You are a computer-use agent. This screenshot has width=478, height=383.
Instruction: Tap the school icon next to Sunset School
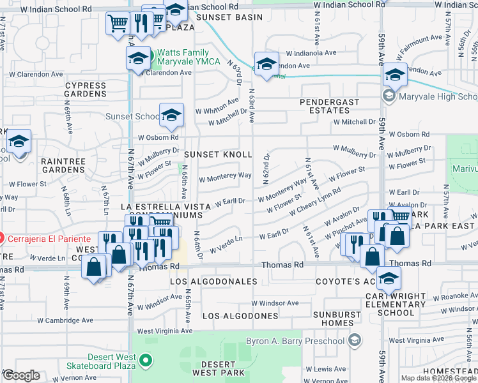[x=171, y=115]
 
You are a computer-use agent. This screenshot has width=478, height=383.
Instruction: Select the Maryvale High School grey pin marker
[x=389, y=97]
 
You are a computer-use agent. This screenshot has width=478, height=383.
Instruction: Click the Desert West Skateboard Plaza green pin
[x=146, y=361]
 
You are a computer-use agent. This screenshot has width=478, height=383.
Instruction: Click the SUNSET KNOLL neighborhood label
[x=218, y=154]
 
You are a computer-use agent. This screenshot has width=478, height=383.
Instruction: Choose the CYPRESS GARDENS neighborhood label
[x=86, y=89]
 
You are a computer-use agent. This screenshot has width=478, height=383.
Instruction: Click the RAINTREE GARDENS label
[x=63, y=166]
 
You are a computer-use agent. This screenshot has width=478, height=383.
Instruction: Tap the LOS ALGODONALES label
[x=213, y=282]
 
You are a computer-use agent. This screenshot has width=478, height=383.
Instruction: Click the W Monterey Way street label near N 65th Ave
[x=225, y=176]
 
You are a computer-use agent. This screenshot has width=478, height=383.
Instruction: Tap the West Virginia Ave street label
[x=164, y=331]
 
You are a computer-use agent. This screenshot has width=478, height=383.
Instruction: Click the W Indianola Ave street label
[x=311, y=53]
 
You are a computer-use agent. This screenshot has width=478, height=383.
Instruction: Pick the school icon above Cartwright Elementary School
[x=389, y=278]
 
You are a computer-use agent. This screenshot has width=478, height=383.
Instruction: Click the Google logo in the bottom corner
[x=22, y=375]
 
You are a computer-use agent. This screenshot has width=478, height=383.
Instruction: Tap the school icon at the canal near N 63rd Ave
[x=266, y=63]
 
